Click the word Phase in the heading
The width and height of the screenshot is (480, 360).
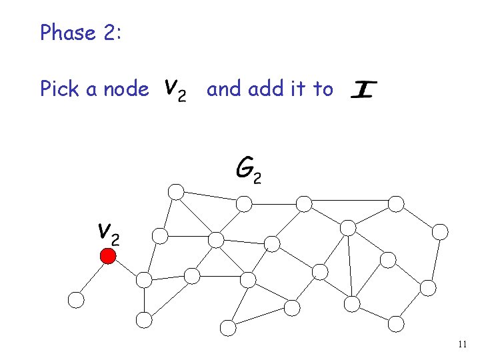(x=67, y=32)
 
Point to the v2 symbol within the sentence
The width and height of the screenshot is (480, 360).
(x=175, y=89)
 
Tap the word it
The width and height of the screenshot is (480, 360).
(x=298, y=89)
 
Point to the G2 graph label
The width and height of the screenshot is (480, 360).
(x=248, y=169)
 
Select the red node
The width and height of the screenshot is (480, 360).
(x=108, y=256)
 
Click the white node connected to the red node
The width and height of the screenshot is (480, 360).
(x=77, y=300)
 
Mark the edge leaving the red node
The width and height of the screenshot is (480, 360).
(x=93, y=277)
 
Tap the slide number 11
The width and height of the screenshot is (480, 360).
(x=463, y=345)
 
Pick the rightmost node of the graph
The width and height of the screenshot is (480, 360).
(x=440, y=232)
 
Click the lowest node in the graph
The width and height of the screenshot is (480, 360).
(x=228, y=327)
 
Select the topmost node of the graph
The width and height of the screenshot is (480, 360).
(x=175, y=192)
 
